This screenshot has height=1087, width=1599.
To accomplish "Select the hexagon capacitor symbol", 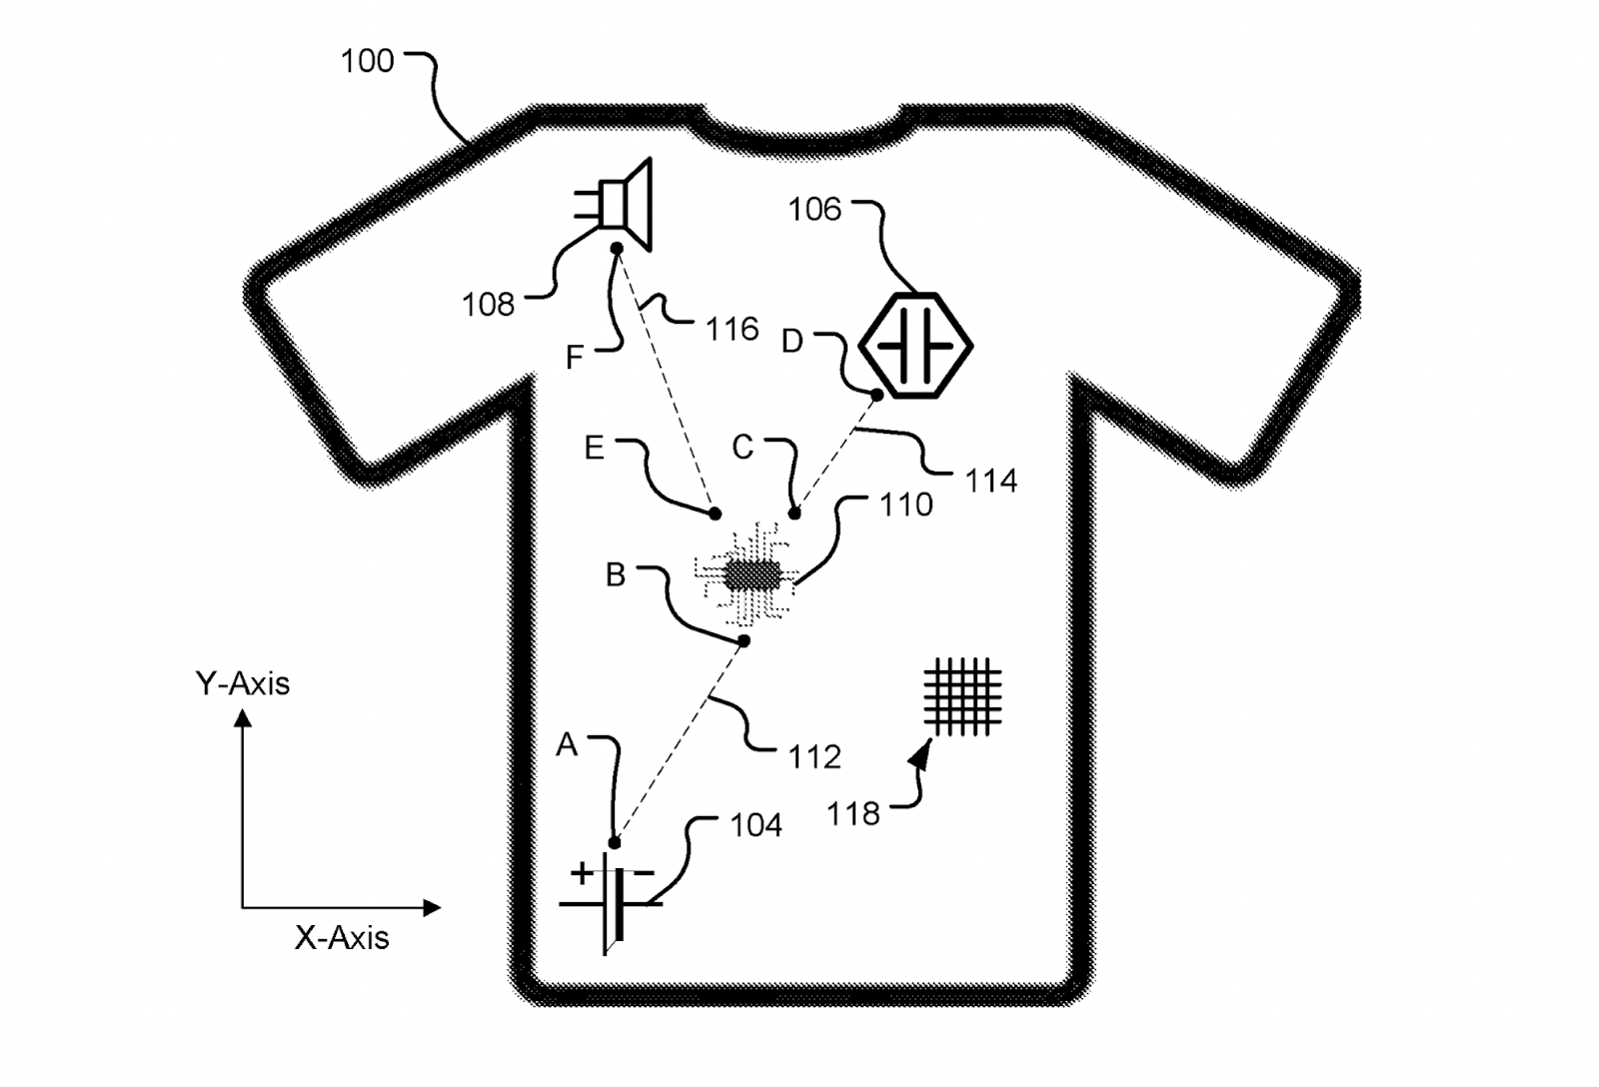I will point(915,345).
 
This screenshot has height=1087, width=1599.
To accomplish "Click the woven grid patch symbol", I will point(962,696).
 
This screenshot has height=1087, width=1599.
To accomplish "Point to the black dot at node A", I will point(615,842).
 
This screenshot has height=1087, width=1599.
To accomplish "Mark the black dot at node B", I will point(744,640).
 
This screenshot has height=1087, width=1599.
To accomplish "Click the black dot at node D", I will point(876,395).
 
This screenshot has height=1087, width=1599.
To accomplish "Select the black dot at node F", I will point(617,248).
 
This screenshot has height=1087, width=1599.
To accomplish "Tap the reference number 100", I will point(367,61).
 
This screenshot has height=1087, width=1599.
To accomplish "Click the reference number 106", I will point(814,209).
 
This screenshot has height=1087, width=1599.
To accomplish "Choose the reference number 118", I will point(853,814).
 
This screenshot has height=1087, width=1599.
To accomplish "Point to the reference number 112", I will point(814,757).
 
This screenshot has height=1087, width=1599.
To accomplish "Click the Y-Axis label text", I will point(243,683).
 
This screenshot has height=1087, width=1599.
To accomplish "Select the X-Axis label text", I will point(342,937).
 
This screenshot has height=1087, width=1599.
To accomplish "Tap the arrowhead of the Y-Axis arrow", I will point(242,717).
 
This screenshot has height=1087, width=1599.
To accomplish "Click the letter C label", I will point(743,447).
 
